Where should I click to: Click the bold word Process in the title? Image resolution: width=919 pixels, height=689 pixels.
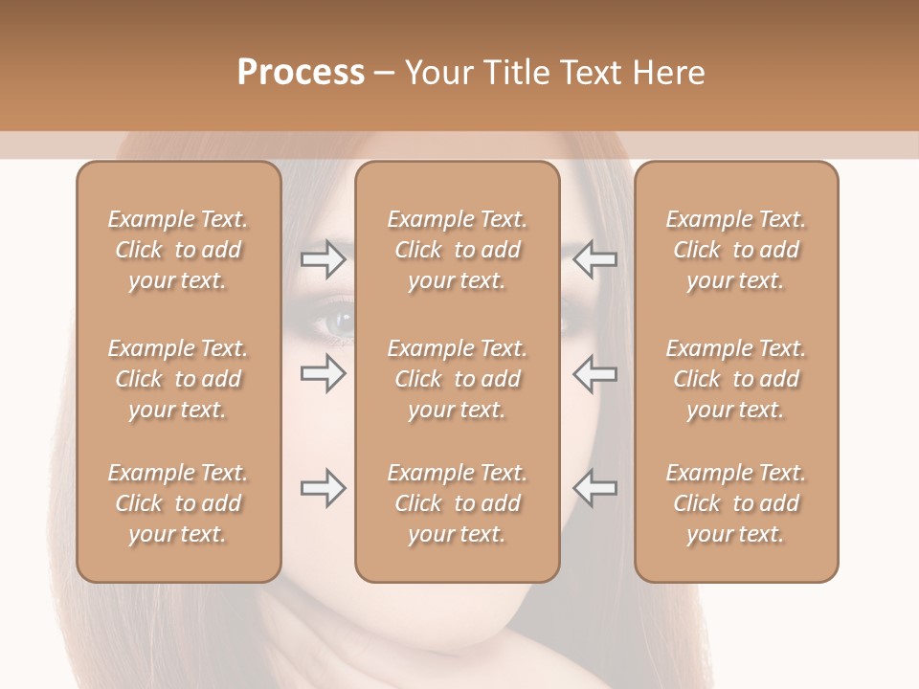click(x=301, y=73)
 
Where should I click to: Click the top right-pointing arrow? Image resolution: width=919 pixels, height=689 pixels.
click(x=323, y=259)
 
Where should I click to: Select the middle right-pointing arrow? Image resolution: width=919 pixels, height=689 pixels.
click(x=323, y=373)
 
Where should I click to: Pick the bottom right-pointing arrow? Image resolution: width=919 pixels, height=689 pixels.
click(x=323, y=488)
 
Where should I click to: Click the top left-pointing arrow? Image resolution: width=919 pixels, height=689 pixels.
click(x=594, y=259)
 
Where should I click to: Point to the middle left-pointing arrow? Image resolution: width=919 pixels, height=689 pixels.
click(x=594, y=373)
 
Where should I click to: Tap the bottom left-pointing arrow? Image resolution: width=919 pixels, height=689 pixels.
click(x=594, y=488)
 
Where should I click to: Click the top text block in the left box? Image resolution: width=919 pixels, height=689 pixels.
click(x=178, y=250)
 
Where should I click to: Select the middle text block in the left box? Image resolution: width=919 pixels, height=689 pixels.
click(x=178, y=379)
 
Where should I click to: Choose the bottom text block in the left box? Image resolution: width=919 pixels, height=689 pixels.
click(x=178, y=503)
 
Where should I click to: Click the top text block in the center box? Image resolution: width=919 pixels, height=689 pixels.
click(x=458, y=250)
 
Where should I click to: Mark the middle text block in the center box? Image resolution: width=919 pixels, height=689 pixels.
click(x=458, y=379)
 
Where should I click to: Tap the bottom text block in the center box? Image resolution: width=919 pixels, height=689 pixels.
click(x=458, y=503)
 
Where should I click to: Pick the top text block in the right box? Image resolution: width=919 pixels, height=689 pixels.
click(x=736, y=250)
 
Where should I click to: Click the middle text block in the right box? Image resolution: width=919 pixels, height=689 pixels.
click(x=736, y=379)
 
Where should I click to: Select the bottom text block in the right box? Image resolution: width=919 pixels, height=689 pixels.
click(x=736, y=503)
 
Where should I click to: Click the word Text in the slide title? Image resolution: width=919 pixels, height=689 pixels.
click(x=592, y=73)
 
